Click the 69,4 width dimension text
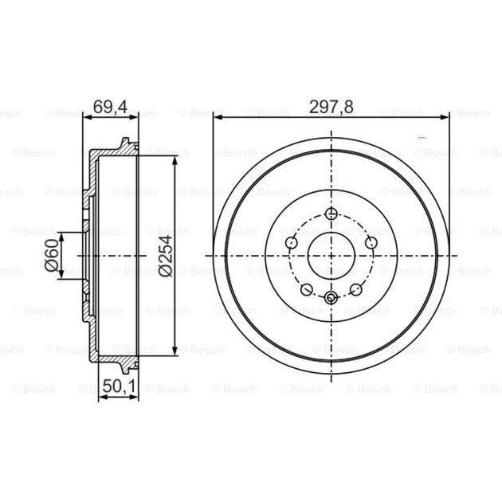coord(110,106)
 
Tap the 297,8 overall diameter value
coord(331,106)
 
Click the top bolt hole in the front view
coord(331,214)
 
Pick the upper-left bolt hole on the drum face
coord(292,243)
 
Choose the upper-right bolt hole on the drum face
coord(371,243)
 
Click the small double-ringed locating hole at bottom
coord(331,298)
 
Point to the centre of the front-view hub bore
coord(331,255)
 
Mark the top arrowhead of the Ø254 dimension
coord(175,160)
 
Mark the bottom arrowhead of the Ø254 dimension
coord(175,351)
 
